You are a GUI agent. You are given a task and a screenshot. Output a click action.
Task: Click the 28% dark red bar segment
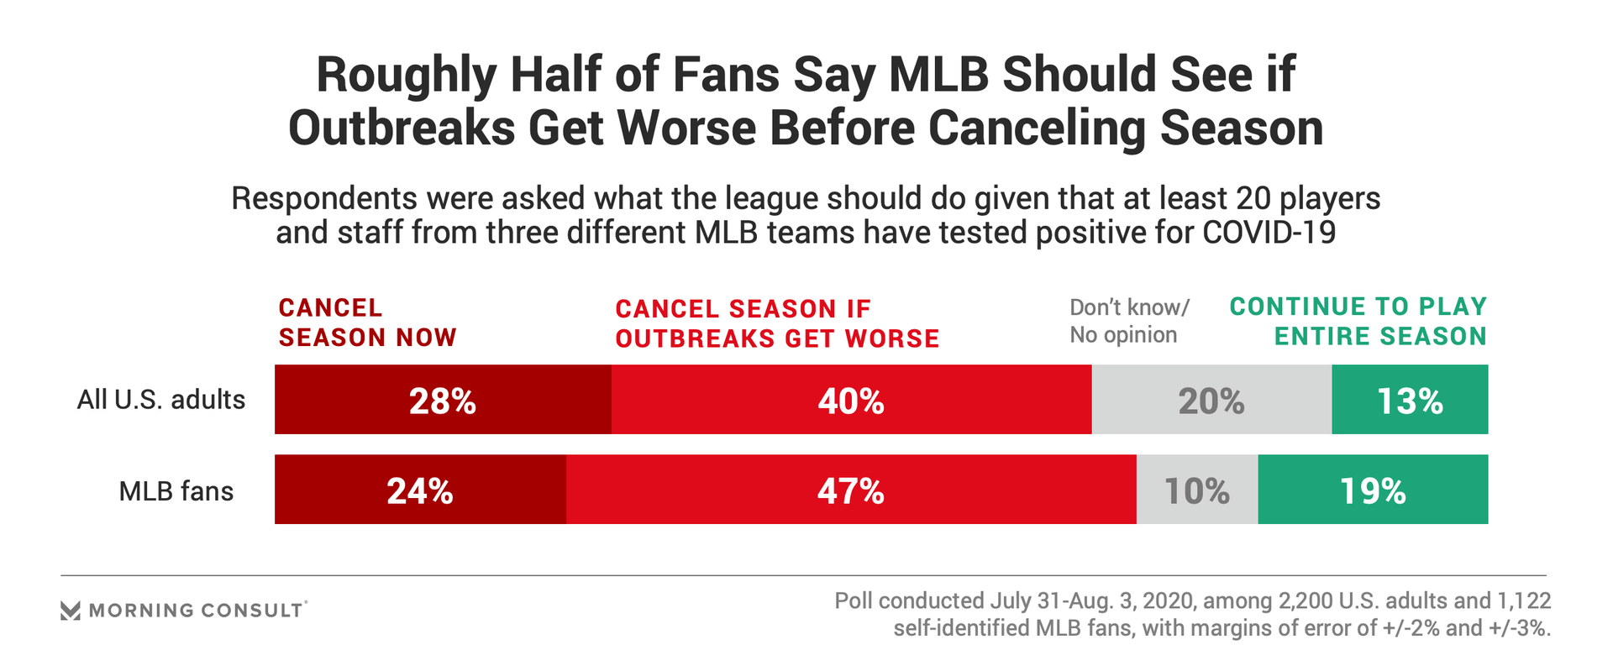(443, 400)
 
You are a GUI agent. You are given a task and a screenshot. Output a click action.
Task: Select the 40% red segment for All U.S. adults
(851, 400)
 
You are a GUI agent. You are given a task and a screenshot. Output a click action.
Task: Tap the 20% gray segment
(1211, 400)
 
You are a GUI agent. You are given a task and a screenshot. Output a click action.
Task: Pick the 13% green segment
(1410, 400)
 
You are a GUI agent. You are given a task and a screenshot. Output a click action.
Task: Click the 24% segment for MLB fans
(420, 490)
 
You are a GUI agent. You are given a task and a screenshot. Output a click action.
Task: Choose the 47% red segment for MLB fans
(851, 490)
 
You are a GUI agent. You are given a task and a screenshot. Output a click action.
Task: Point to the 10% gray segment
(1197, 490)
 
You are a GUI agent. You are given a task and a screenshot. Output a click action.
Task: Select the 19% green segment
(1373, 490)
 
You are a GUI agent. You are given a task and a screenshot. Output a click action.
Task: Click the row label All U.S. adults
(161, 399)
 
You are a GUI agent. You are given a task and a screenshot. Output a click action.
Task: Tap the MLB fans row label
(176, 490)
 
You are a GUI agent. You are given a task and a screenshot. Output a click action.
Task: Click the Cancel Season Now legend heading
(367, 322)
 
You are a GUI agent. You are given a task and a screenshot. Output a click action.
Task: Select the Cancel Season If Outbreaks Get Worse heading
(777, 323)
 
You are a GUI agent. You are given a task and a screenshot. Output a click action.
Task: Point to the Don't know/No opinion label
(1129, 321)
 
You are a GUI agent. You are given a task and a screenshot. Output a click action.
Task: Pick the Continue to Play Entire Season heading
(1358, 321)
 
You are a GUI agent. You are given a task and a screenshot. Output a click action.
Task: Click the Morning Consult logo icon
(71, 611)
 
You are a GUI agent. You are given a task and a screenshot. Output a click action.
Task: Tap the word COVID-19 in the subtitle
(1269, 233)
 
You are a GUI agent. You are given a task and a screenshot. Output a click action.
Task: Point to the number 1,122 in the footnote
(1523, 601)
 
